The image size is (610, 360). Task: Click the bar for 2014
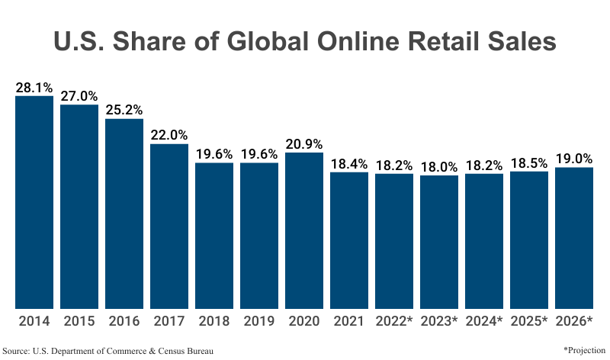(34, 202)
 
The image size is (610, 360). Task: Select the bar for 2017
(169, 226)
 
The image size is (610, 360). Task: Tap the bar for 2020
(304, 230)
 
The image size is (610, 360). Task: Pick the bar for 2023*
(439, 242)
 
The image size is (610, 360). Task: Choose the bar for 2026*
(574, 238)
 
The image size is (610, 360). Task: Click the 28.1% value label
(34, 87)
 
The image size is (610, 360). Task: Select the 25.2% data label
(124, 110)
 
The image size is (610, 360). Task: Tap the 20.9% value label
(304, 143)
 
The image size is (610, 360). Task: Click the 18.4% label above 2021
(349, 163)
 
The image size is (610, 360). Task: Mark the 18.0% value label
(439, 166)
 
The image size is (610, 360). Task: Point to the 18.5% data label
(529, 162)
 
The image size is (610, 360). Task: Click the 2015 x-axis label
(79, 321)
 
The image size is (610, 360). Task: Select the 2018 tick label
(214, 321)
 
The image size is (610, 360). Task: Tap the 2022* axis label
(394, 321)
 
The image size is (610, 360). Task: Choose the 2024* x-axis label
(484, 321)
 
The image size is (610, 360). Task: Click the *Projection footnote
(585, 349)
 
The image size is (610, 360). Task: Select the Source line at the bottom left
(108, 350)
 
